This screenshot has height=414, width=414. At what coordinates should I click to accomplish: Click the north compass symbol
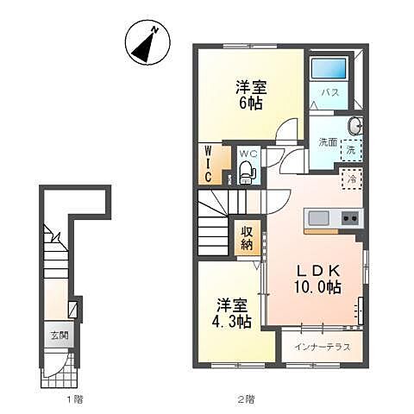pos(143,43)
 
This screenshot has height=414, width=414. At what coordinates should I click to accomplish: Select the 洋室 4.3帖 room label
pos(234,313)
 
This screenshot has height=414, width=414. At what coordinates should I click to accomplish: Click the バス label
pos(330,91)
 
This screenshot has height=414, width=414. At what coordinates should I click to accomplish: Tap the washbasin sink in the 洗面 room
pos(354,127)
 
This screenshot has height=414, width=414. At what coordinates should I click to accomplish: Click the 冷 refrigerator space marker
pos(352,179)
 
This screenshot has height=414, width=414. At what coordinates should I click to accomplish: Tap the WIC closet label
pos(209,163)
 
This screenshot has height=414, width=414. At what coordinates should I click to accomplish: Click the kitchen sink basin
pos(316,216)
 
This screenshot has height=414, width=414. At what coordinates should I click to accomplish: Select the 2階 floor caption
pos(247,399)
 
